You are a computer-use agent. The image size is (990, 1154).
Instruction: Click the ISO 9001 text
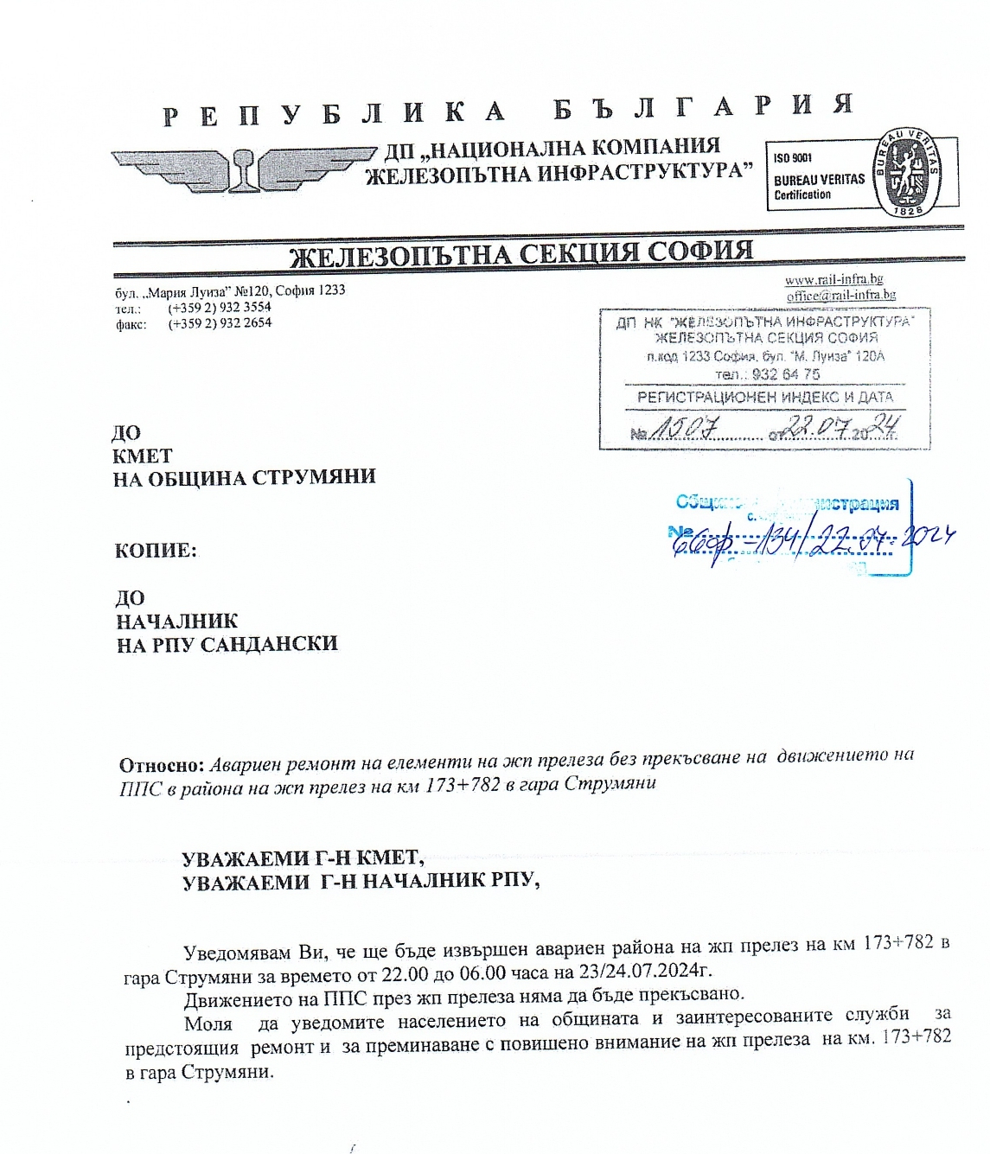(792, 158)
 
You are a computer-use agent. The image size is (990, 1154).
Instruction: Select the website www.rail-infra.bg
(834, 280)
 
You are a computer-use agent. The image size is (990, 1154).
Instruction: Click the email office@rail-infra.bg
(840, 296)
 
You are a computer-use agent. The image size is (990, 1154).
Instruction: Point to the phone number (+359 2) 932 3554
(220, 307)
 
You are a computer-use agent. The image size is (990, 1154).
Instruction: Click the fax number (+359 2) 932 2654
(220, 323)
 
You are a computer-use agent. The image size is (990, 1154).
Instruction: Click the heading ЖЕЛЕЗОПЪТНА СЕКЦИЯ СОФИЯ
(521, 254)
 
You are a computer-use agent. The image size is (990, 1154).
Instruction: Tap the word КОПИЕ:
(156, 551)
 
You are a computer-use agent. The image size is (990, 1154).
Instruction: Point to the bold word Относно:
(162, 765)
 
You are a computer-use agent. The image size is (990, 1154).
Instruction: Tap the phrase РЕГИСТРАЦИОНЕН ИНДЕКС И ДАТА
(764, 398)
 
